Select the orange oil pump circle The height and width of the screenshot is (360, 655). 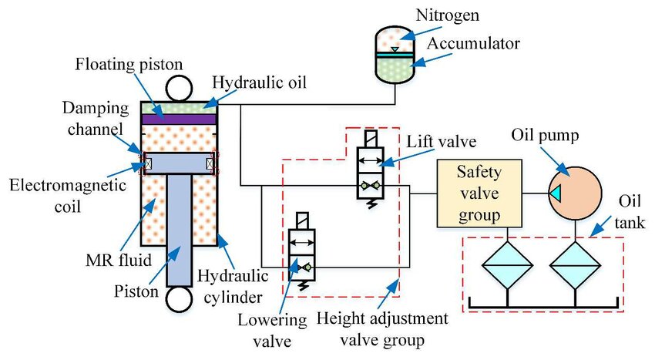(574, 193)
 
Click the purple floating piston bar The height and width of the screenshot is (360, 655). (178, 119)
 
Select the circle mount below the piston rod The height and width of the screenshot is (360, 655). (178, 299)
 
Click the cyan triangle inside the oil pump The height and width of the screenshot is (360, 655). (556, 193)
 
